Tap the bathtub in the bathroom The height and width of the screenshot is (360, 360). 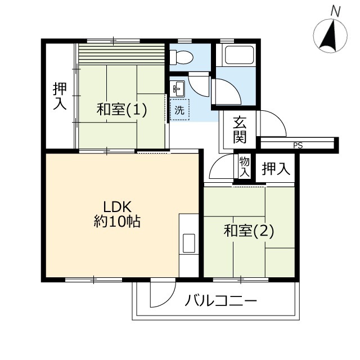click(239, 55)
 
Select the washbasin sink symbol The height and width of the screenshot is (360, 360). click(179, 89)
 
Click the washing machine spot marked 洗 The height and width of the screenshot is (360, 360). click(179, 110)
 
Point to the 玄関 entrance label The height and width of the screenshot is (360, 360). click(240, 130)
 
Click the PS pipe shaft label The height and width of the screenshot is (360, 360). click(298, 145)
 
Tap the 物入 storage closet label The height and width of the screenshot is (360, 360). click(244, 167)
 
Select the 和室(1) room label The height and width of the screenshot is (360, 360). click(121, 110)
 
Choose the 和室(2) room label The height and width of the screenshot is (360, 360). click(249, 231)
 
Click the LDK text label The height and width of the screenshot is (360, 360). click(118, 206)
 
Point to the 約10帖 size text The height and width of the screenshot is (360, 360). click(117, 222)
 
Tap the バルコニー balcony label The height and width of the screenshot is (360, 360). click(220, 300)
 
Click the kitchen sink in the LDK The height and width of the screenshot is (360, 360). click(189, 243)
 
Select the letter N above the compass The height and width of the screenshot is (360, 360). click(336, 11)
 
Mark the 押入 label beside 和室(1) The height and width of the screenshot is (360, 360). click(60, 96)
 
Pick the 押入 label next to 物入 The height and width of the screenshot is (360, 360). click(276, 169)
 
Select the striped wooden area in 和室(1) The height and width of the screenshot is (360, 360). click(121, 54)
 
